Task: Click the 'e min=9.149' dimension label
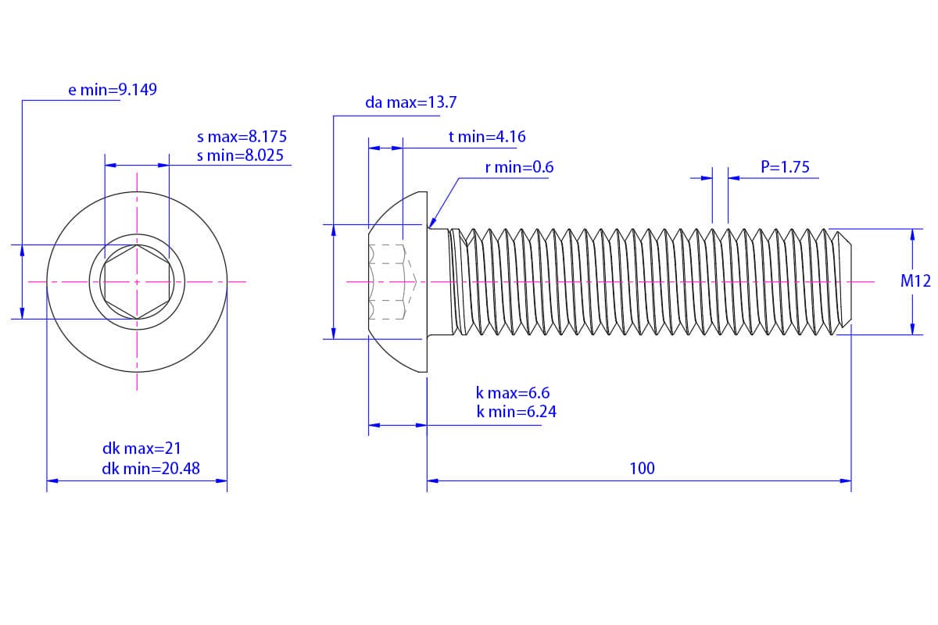click(113, 90)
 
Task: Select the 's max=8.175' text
click(242, 137)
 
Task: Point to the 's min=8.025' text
click(240, 155)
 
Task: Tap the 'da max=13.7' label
click(411, 102)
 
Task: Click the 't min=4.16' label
click(487, 137)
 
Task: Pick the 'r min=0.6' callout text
click(519, 167)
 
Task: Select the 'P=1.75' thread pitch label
click(785, 167)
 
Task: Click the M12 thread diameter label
click(915, 281)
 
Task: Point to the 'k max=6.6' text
click(513, 393)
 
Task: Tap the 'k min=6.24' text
click(517, 412)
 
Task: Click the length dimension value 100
click(642, 469)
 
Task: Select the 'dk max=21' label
click(141, 448)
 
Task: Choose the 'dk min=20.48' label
click(151, 469)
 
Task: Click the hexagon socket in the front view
click(137, 282)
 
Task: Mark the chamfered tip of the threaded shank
click(842, 282)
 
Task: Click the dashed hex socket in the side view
click(392, 282)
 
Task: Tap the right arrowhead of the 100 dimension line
click(846, 480)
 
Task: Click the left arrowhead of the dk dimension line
click(52, 480)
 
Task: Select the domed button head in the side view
click(398, 282)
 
